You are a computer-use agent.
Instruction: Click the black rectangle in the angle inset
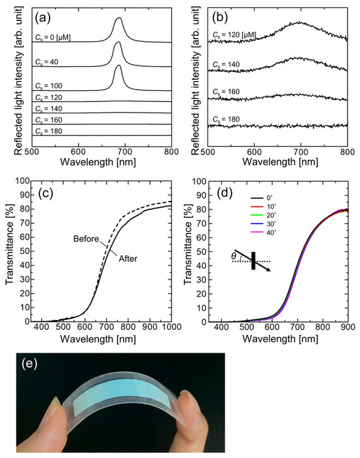(253, 259)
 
